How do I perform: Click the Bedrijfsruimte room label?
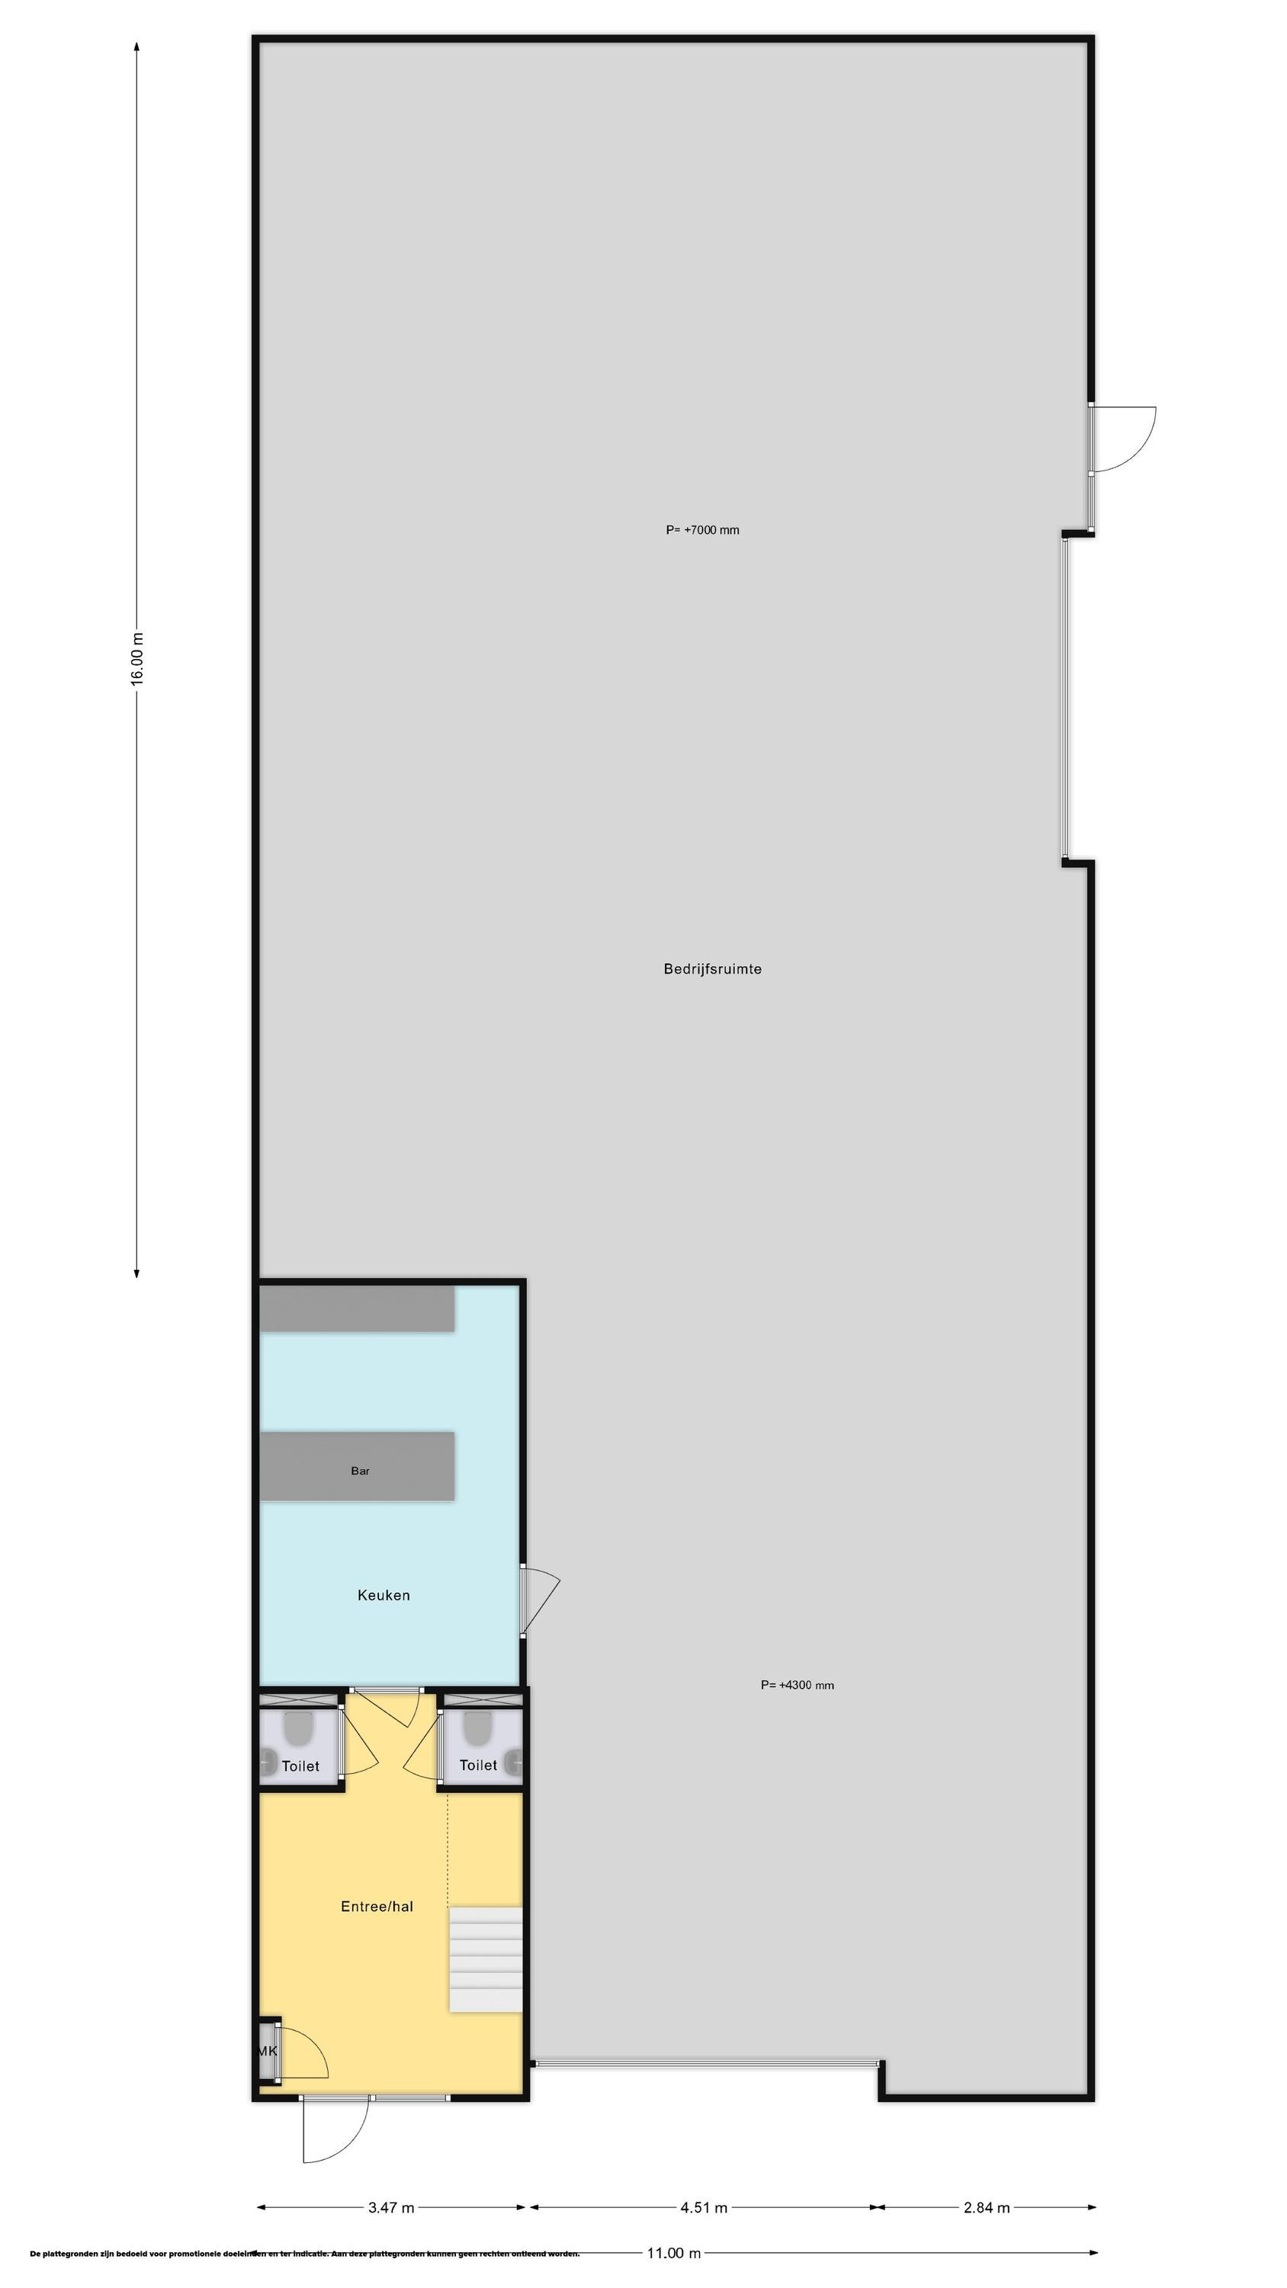click(x=711, y=969)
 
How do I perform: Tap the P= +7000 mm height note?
click(x=701, y=530)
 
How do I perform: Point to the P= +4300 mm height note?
click(x=797, y=1685)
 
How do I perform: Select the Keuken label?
click(x=384, y=1595)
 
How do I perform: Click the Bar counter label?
click(x=360, y=1471)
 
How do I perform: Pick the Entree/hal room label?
click(x=377, y=1906)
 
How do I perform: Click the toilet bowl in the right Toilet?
click(x=477, y=1727)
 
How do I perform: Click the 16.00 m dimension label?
click(x=136, y=658)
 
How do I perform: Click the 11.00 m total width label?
click(x=673, y=2252)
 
